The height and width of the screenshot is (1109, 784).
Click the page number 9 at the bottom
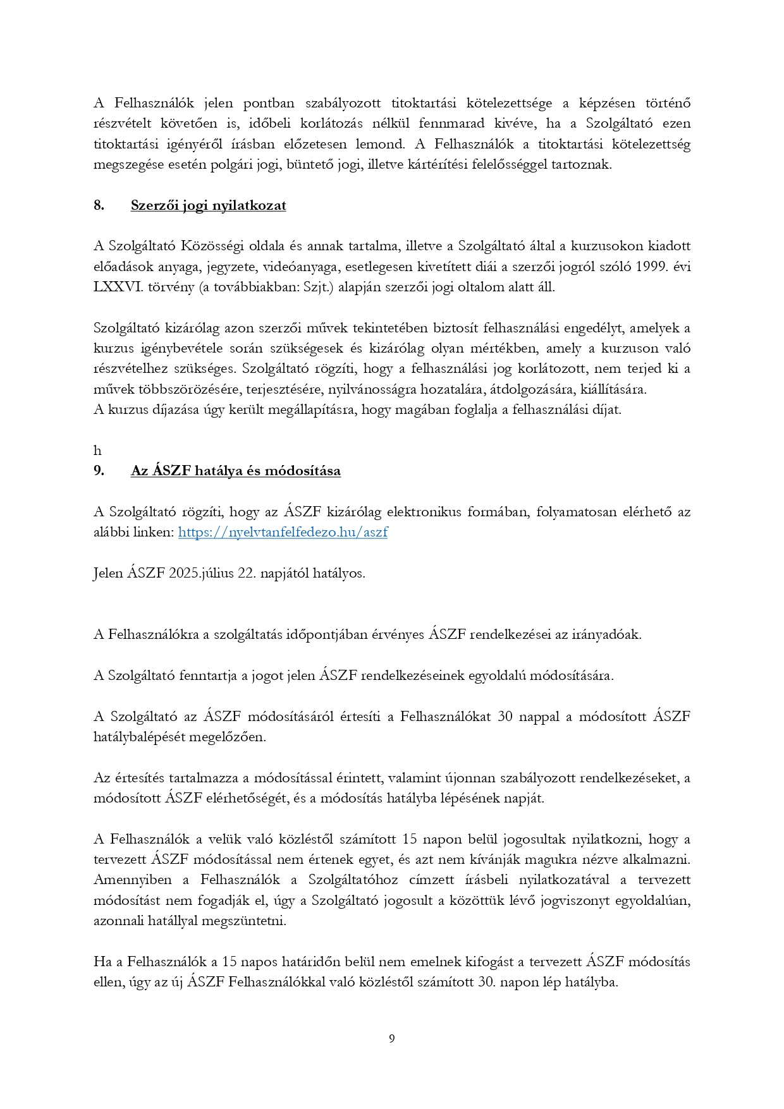pos(392,1038)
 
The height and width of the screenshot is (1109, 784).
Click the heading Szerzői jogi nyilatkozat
pos(208,205)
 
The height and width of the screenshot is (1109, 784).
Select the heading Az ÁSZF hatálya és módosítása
pos(235,471)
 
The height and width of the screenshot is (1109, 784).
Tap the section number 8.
pos(99,205)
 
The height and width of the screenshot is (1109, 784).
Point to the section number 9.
pos(99,471)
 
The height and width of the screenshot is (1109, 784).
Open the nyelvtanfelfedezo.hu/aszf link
pos(283,532)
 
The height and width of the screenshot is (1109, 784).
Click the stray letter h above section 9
pos(97,451)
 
